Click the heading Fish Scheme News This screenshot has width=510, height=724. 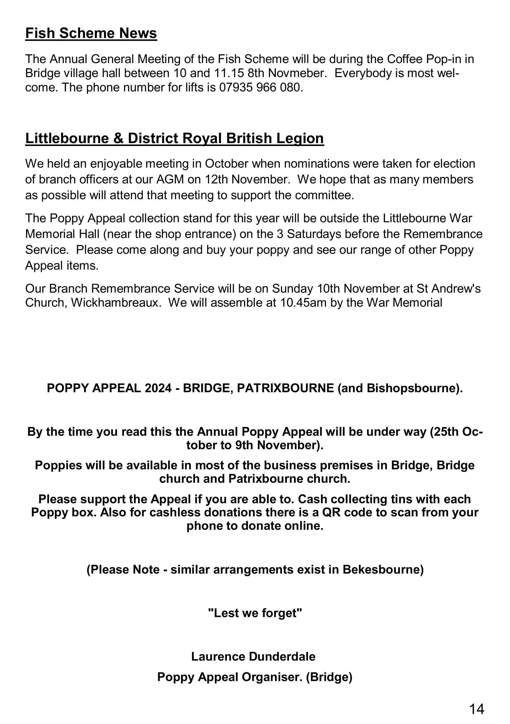click(x=91, y=33)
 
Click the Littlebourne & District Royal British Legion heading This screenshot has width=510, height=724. click(x=174, y=138)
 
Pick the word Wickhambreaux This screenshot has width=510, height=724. click(x=114, y=303)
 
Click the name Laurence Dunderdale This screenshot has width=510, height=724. click(x=253, y=657)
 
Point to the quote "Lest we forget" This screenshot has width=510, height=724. click(x=255, y=613)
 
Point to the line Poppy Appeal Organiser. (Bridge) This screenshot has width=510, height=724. click(x=255, y=677)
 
